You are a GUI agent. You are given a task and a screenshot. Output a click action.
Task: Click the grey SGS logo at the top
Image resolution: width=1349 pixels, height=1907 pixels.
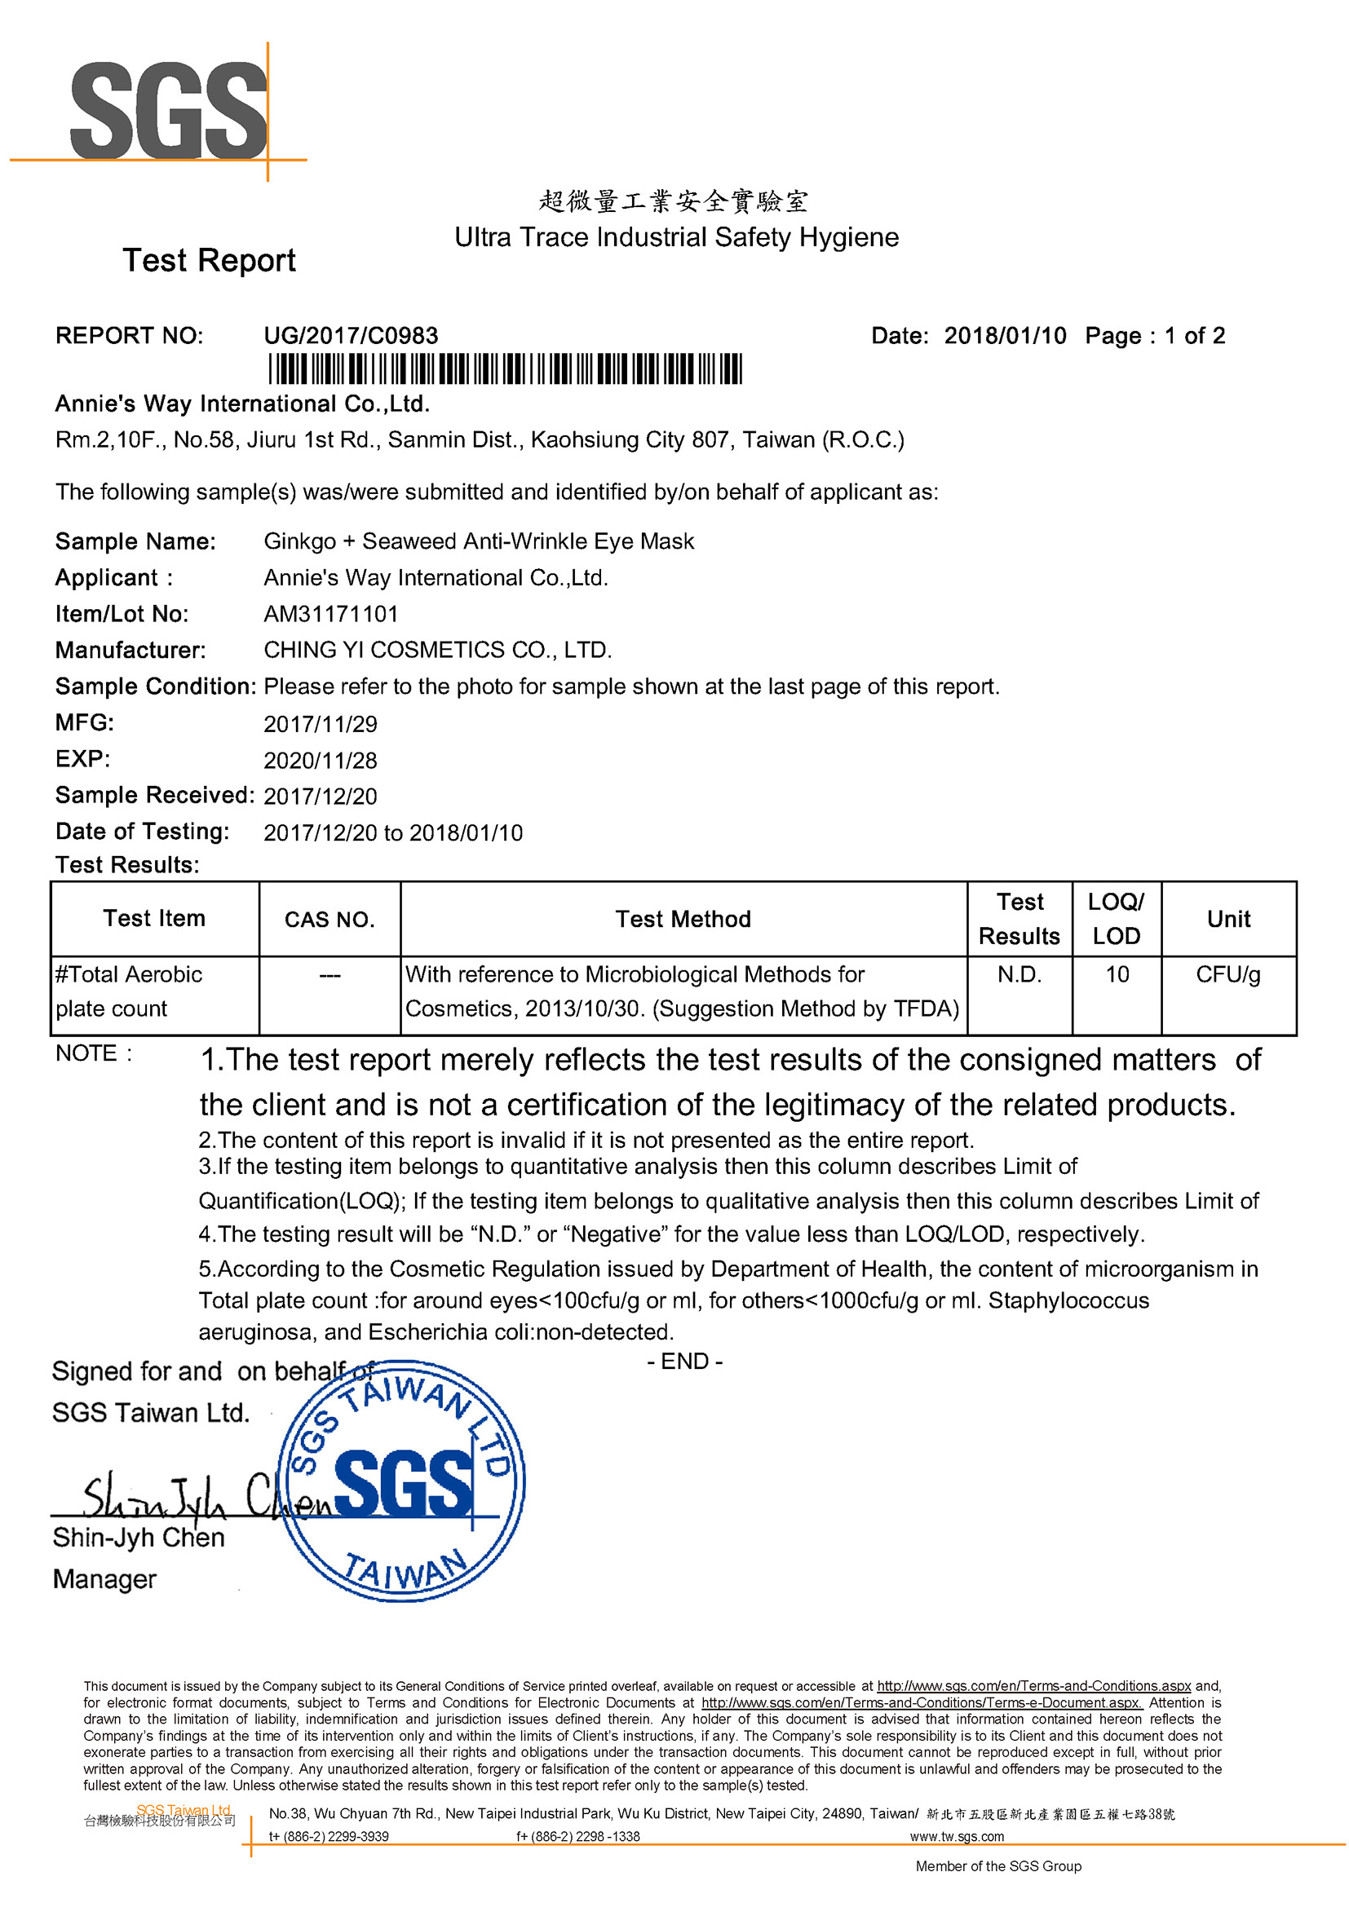[x=169, y=110]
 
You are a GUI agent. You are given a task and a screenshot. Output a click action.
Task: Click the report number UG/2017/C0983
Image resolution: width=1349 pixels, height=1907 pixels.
[x=351, y=336]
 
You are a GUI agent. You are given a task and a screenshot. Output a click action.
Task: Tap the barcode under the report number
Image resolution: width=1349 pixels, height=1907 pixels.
[x=505, y=369]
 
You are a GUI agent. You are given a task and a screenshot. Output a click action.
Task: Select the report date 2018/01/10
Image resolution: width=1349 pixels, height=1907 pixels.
[x=1005, y=336]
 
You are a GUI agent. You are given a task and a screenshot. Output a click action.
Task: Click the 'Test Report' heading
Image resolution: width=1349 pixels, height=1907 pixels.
[x=210, y=261]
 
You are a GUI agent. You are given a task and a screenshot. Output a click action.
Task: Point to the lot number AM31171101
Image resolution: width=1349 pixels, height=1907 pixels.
[x=330, y=614]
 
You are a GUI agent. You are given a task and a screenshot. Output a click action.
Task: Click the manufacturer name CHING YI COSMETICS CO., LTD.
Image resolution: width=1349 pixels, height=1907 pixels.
[x=438, y=650]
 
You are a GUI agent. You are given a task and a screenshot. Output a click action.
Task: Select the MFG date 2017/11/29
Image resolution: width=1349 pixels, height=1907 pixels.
[x=320, y=724]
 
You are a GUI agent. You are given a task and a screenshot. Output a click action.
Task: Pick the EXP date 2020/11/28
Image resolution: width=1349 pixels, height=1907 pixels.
[x=320, y=760]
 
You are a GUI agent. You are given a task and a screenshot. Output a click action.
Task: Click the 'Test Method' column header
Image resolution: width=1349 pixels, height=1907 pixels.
[x=683, y=919]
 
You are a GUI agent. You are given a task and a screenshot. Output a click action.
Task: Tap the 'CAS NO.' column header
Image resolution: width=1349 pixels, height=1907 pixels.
[x=330, y=920]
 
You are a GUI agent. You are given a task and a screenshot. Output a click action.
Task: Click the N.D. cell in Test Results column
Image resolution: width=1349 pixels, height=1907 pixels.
[x=1019, y=974]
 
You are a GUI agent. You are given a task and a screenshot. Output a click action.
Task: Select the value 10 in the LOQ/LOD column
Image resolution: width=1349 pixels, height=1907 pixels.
[x=1117, y=974]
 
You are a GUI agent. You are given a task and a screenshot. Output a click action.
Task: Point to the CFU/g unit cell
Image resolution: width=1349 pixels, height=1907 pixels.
[x=1227, y=974]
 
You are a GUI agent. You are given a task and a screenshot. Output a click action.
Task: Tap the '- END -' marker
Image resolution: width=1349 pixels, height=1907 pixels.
[x=684, y=1362]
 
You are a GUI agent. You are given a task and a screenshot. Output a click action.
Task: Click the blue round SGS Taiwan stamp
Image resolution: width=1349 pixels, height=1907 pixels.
[x=402, y=1481]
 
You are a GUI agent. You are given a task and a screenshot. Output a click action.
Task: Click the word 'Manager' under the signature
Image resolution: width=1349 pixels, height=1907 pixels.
[x=104, y=1579]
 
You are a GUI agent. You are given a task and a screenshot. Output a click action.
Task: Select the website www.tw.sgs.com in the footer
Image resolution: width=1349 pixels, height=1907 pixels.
[x=957, y=1836]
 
